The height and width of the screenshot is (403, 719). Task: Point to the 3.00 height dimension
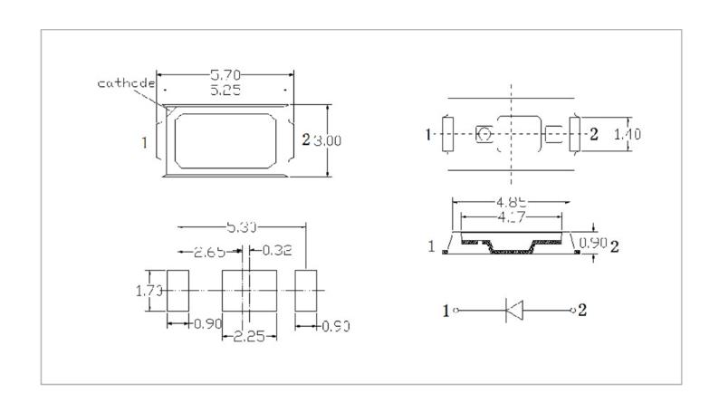328,140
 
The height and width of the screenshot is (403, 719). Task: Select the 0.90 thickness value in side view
593,243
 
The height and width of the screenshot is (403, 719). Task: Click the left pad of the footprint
177,291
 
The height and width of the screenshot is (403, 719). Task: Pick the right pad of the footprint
309,291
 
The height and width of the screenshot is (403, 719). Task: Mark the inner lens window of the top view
225,140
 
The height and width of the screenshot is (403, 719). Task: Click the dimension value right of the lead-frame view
628,134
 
